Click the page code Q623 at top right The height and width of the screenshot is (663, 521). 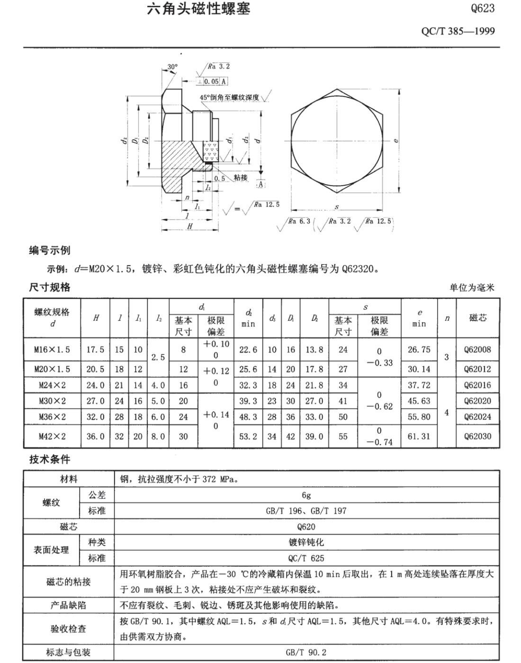tap(483, 8)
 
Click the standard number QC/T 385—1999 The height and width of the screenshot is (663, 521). tap(458, 31)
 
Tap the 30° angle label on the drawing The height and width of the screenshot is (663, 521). tap(172, 67)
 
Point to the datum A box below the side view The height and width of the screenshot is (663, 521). tap(260, 184)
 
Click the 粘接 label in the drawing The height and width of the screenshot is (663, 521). tap(241, 177)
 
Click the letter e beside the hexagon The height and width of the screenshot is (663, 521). tap(395, 140)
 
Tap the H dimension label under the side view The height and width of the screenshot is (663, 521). tap(189, 226)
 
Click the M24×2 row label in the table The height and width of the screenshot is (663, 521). tap(52, 385)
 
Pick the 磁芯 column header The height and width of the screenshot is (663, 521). tap(477, 318)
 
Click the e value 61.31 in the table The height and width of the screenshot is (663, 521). tap(419, 436)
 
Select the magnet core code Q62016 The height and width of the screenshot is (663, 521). tap(477, 385)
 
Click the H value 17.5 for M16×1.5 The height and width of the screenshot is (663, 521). tap(95, 350)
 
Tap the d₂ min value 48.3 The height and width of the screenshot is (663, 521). tap(248, 417)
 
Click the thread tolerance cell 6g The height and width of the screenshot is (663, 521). tap(306, 495)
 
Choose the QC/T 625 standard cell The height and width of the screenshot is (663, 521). tap(306, 558)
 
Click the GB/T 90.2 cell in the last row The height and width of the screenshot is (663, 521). tap(306, 652)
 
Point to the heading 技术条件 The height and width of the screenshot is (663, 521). tap(50, 459)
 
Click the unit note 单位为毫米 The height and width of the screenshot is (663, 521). tap(472, 288)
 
